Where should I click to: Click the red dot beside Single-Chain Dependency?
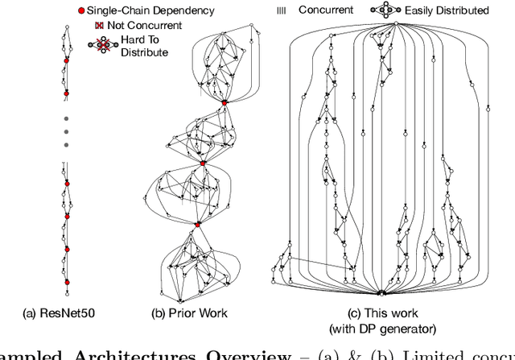tap(80, 10)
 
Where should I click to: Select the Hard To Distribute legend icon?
tap(103, 45)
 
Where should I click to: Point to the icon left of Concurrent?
tap(281, 10)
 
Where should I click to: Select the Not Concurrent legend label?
tap(144, 26)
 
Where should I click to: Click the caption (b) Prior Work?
tap(190, 312)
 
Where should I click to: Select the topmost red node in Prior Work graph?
tap(225, 102)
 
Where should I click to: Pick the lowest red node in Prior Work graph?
tap(198, 225)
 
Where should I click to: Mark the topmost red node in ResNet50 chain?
tap(67, 60)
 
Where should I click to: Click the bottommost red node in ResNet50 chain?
tap(67, 282)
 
